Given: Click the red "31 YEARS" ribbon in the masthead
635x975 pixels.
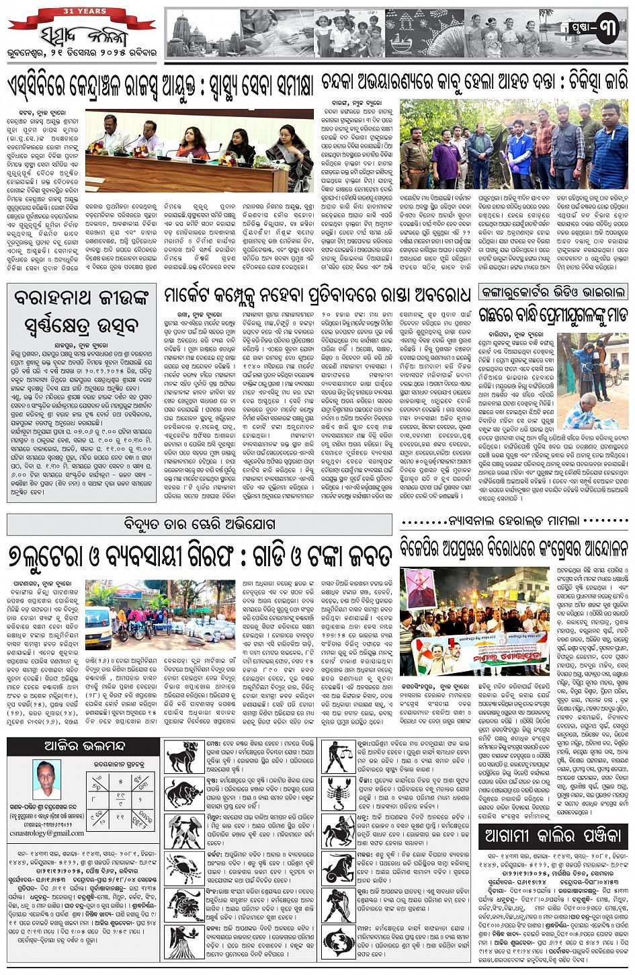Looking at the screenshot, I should click(85, 12).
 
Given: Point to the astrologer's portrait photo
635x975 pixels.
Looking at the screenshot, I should click(46, 779).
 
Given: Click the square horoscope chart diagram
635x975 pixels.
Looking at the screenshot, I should click(120, 799).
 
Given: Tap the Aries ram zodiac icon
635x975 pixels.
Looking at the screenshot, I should click(184, 756).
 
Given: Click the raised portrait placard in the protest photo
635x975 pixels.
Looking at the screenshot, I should click(421, 589).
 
